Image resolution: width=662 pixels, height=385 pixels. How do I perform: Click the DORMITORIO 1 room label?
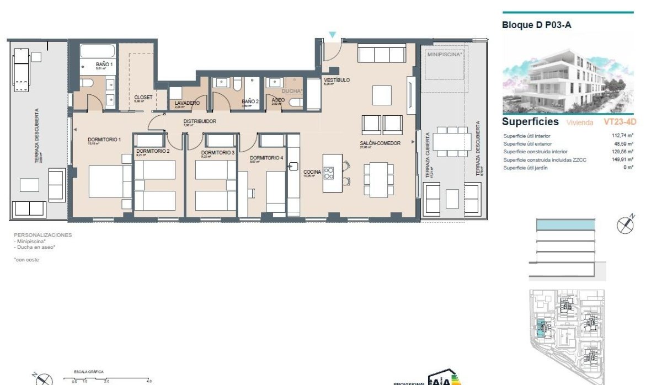click(104, 140)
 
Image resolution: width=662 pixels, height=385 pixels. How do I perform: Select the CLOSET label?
click(143, 97)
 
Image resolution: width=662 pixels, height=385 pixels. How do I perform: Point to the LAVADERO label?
click(187, 103)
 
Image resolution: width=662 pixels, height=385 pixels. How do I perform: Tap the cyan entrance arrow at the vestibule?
click(332, 35)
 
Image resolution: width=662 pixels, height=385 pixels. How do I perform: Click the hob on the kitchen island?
click(329, 173)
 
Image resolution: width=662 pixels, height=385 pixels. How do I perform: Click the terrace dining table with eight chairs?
click(451, 142)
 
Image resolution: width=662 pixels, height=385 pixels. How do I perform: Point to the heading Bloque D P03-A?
click(535, 25)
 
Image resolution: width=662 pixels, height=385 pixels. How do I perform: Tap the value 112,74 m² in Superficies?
click(622, 136)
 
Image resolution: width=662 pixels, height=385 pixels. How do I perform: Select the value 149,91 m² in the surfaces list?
click(622, 159)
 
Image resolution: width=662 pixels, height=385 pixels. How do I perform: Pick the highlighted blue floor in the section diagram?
click(566, 224)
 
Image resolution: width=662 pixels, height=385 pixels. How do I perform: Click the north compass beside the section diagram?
click(625, 225)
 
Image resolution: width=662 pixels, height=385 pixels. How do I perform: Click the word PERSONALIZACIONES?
click(42, 234)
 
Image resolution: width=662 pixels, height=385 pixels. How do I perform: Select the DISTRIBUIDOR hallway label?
click(200, 121)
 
